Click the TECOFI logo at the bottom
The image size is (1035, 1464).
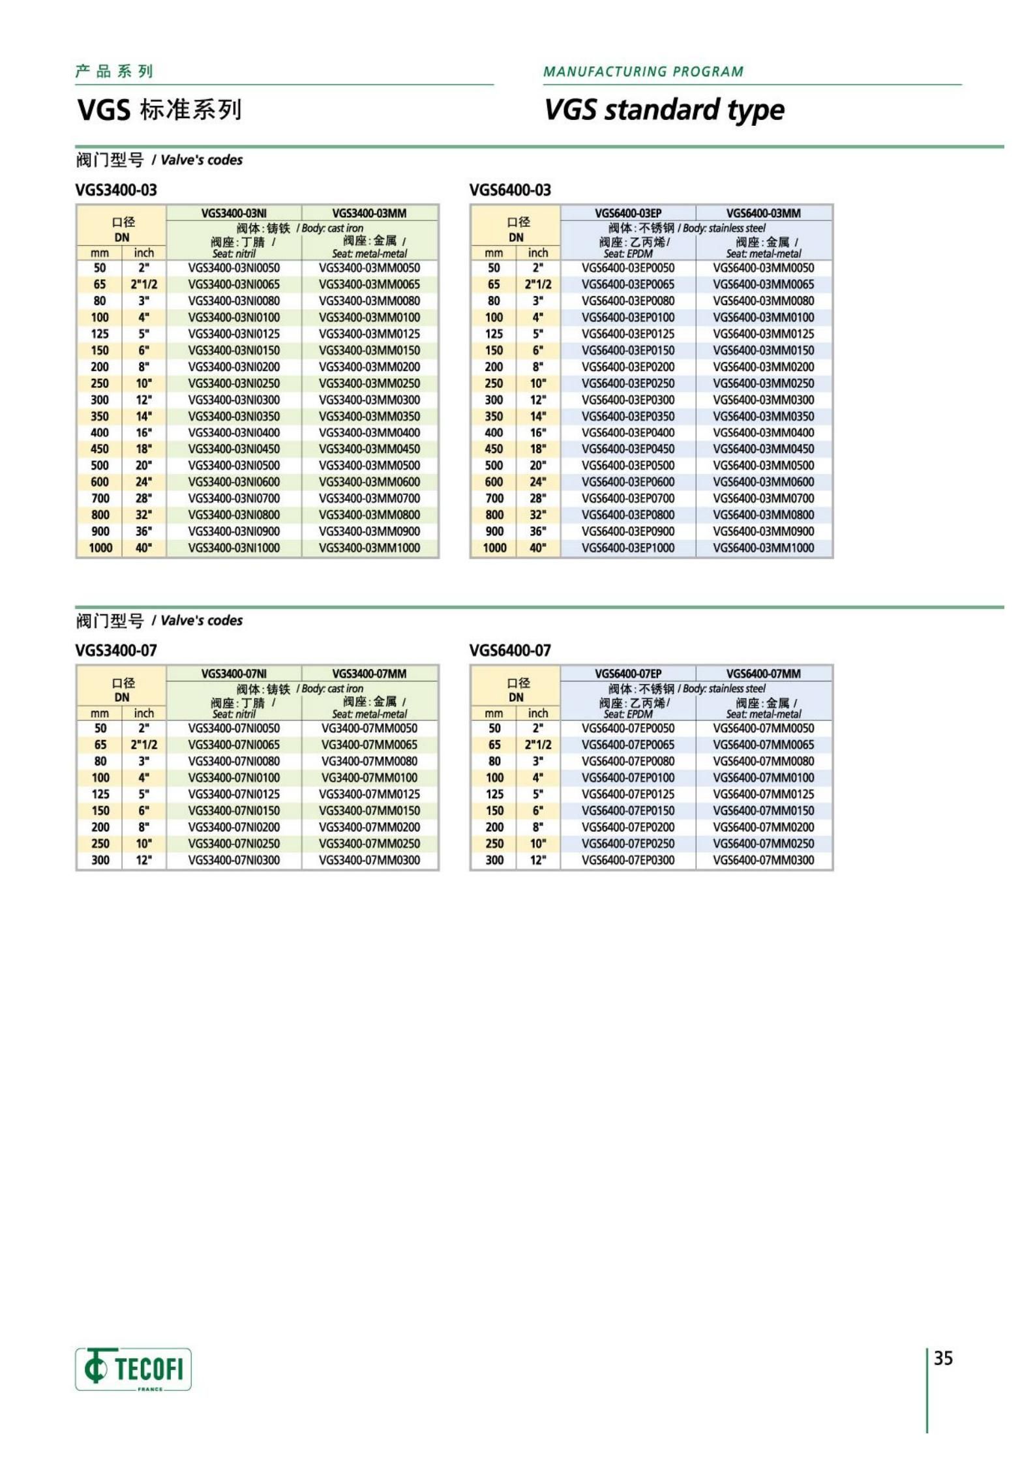[133, 1369]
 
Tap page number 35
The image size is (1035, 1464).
[943, 1358]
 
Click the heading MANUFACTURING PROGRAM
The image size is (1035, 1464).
[643, 72]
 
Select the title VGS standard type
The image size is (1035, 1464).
[664, 110]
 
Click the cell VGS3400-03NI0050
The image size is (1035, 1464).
[233, 268]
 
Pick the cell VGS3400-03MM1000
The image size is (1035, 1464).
[369, 548]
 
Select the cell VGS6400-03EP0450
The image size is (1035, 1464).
[627, 449]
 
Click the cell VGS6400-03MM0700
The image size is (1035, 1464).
[763, 499]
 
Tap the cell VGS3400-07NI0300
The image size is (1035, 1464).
[233, 860]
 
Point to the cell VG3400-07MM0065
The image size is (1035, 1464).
[369, 745]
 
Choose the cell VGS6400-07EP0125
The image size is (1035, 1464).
[627, 794]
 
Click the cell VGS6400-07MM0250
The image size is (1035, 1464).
[763, 844]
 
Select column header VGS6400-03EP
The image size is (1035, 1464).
[627, 213]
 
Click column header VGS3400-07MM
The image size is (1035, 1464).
[369, 674]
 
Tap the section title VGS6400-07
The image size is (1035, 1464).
[509, 650]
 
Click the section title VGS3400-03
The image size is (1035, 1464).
[116, 190]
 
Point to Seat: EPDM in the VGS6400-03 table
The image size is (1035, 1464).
[627, 254]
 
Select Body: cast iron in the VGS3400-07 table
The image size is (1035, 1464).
[332, 689]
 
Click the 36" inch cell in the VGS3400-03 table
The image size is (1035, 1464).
[143, 531]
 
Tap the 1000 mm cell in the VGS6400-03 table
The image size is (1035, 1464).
[494, 548]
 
